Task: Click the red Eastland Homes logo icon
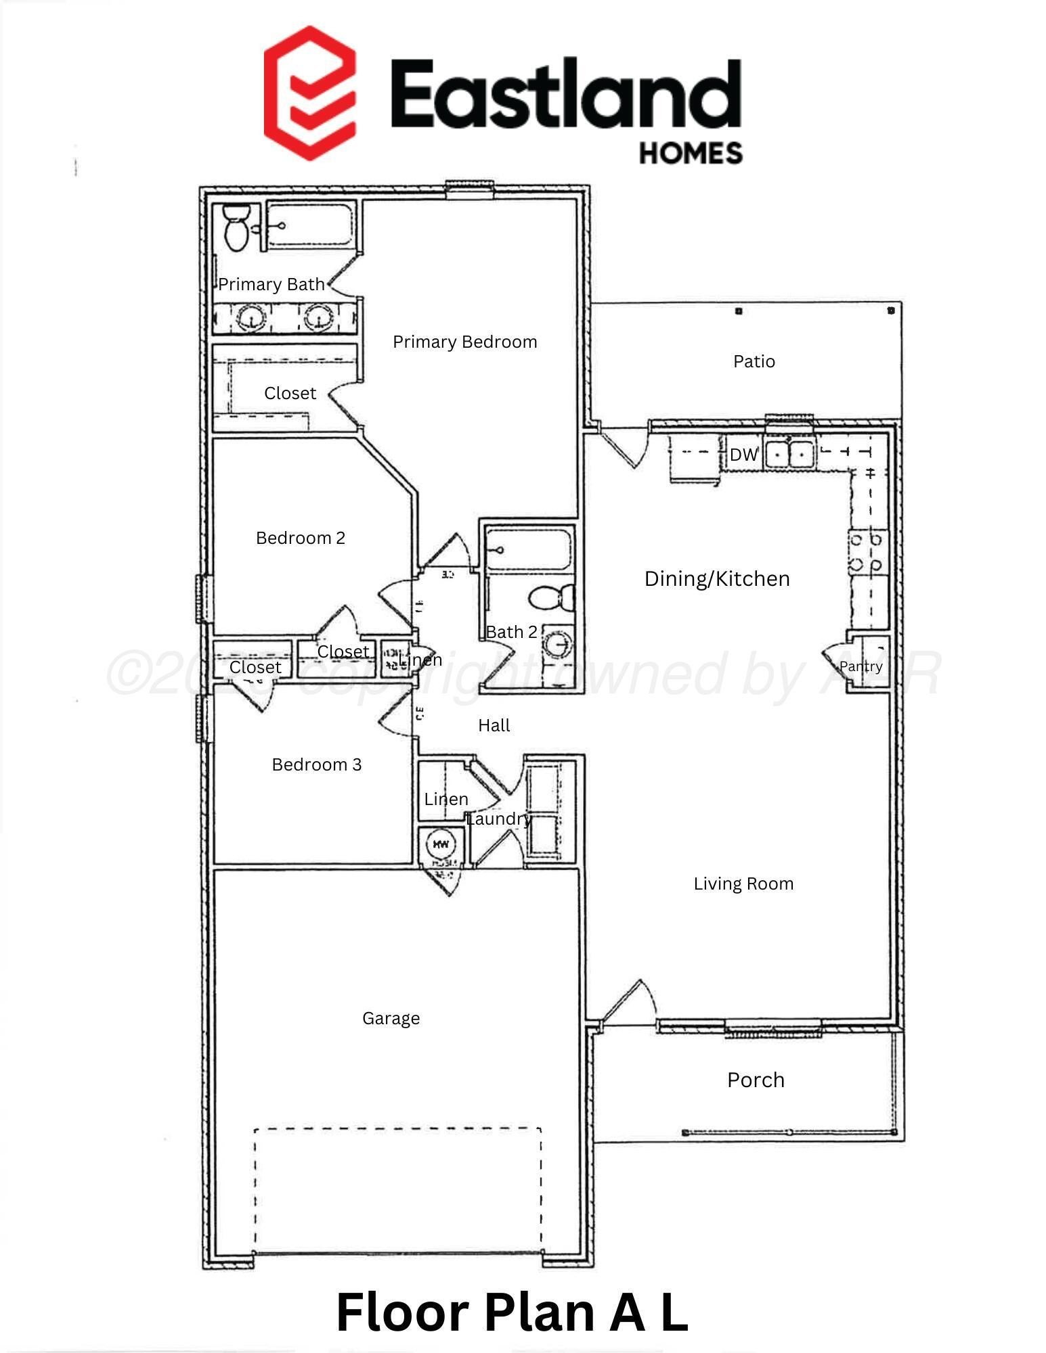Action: coord(310,93)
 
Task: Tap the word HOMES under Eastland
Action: coord(691,153)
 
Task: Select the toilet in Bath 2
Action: coord(550,597)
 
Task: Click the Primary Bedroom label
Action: coord(464,342)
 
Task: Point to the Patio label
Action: coord(754,362)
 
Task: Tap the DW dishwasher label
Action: coord(743,455)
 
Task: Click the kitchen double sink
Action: coord(789,453)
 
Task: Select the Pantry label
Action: coord(860,667)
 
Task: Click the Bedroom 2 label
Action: coord(301,538)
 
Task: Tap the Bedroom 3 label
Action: coord(316,765)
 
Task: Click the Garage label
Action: coord(391,1019)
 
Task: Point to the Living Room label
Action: coord(743,884)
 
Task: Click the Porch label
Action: coord(756,1080)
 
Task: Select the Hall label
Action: coord(494,726)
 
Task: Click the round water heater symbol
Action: coord(441,844)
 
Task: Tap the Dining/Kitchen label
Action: coord(717,579)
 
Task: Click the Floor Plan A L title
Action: coord(512,1312)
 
